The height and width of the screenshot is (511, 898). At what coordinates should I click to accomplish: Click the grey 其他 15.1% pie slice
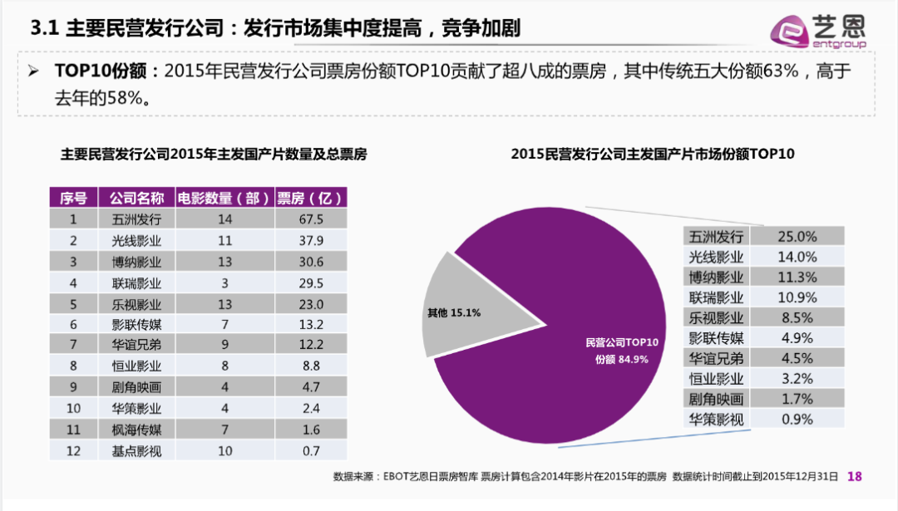[461, 307]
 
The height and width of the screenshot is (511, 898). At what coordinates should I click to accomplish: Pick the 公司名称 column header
[136, 198]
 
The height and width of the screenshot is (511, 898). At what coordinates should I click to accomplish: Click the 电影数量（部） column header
[224, 198]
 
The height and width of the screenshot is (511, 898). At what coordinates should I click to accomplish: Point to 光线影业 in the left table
[136, 241]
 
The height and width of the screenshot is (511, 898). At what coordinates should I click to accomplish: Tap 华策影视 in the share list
[717, 419]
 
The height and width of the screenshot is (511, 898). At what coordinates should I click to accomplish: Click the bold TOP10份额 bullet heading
[101, 71]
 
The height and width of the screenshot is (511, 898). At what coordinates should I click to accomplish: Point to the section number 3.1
[42, 29]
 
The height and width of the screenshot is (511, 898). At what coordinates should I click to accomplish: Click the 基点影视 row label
[136, 451]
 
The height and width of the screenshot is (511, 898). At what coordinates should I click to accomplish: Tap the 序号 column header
[73, 198]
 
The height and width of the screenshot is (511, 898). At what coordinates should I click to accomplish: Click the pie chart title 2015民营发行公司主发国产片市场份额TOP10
[652, 154]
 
